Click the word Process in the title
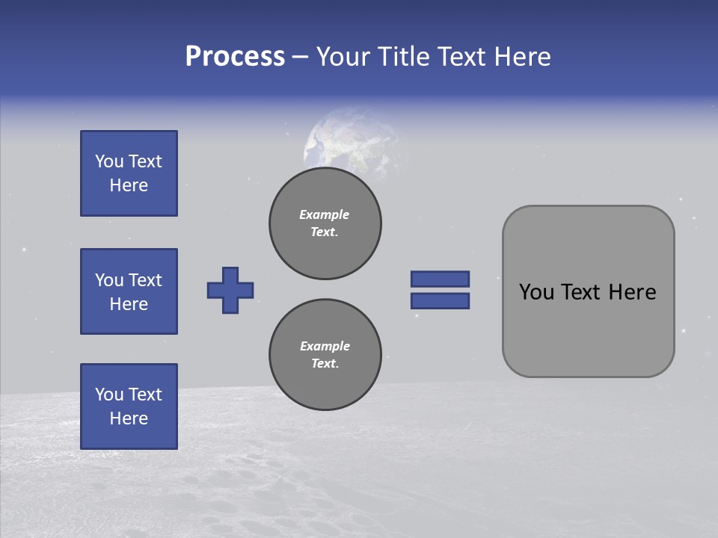235,57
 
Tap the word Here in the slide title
523,57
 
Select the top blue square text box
129,173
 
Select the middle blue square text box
129,291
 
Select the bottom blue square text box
129,406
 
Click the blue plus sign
230,290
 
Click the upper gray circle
325,223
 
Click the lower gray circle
325,355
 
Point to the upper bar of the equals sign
441,279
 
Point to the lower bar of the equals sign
441,300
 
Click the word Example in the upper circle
325,214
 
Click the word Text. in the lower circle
325,364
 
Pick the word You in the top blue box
108,161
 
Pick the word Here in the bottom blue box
129,418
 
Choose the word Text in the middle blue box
145,280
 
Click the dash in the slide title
300,58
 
